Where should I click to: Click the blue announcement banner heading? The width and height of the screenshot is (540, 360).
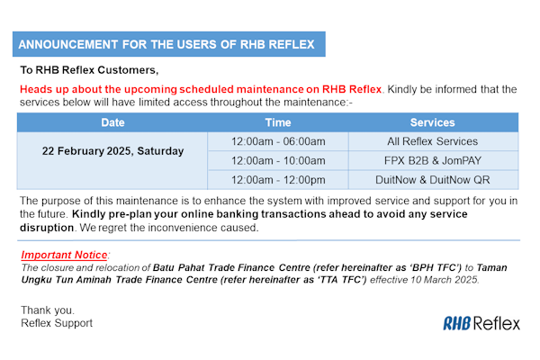(x=170, y=44)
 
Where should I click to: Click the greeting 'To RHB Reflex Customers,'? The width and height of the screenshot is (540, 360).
(x=89, y=70)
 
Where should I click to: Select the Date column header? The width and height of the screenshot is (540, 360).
(x=113, y=122)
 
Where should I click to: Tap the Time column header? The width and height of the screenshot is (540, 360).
(x=278, y=122)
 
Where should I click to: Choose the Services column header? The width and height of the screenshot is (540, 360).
(x=432, y=122)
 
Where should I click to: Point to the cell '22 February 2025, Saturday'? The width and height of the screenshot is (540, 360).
(x=113, y=150)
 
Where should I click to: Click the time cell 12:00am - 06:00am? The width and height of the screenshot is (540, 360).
(x=278, y=141)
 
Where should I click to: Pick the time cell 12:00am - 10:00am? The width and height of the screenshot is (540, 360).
(x=278, y=160)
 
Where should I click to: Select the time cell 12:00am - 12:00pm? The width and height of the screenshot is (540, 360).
(x=278, y=179)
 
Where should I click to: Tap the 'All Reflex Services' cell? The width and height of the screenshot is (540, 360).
(x=432, y=141)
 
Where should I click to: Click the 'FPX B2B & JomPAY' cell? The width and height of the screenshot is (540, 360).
(x=432, y=160)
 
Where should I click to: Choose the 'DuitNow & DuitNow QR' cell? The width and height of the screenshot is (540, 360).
(x=432, y=179)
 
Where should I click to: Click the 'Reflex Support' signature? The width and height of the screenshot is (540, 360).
(x=57, y=322)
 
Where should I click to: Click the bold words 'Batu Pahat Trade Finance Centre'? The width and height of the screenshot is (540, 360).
(x=221, y=268)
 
